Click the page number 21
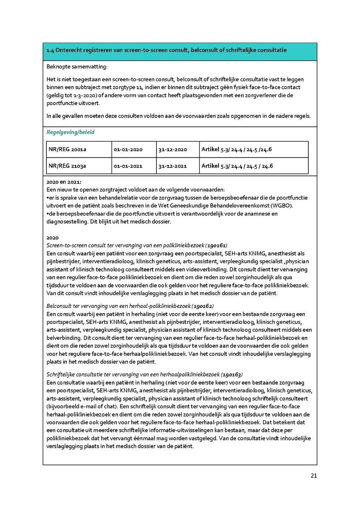pyautogui.click(x=314, y=476)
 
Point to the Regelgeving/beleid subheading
pyautogui.click(x=70, y=132)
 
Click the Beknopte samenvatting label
pyautogui.click(x=77, y=67)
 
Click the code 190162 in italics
pyautogui.click(x=202, y=306)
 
